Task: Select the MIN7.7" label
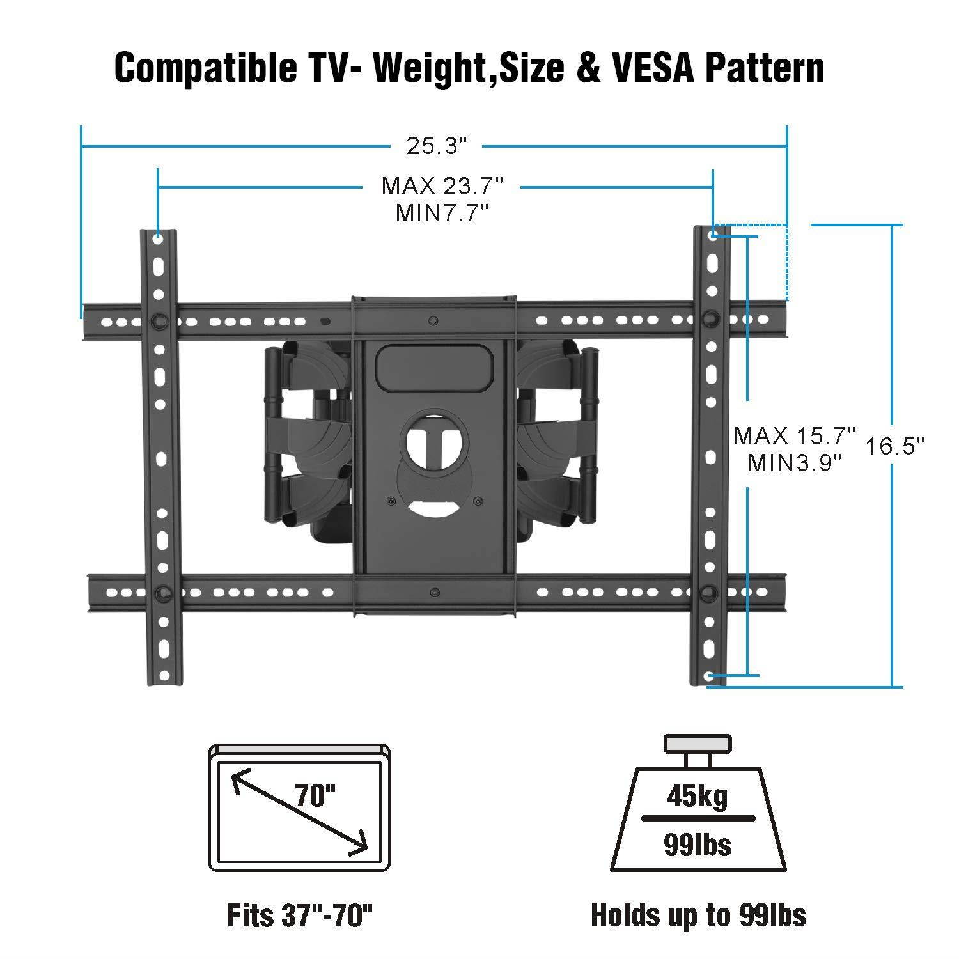442,213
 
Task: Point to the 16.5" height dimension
895,446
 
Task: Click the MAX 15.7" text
794,437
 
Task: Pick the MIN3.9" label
794,462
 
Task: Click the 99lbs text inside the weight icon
698,845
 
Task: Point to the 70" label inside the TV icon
315,796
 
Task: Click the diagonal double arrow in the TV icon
299,813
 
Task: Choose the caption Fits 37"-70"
300,915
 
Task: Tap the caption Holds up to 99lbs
698,915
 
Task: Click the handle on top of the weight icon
697,744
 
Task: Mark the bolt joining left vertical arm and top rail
158,320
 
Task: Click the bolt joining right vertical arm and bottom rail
709,591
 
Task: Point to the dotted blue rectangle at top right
750,262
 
